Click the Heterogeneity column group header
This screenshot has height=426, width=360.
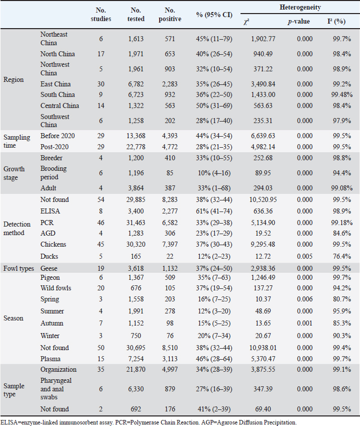[300, 8]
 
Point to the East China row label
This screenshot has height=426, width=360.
[56, 84]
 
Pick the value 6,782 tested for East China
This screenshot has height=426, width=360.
[136, 84]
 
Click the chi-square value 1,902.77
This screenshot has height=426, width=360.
[264, 38]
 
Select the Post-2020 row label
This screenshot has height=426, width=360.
[54, 146]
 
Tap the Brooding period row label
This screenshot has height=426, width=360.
[53, 173]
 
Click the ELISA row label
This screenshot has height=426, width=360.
[49, 210]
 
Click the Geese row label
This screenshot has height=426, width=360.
[49, 267]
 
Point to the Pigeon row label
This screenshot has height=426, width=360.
[50, 277]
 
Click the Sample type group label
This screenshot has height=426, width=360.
[14, 390]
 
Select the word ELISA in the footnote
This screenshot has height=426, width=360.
[9, 421]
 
